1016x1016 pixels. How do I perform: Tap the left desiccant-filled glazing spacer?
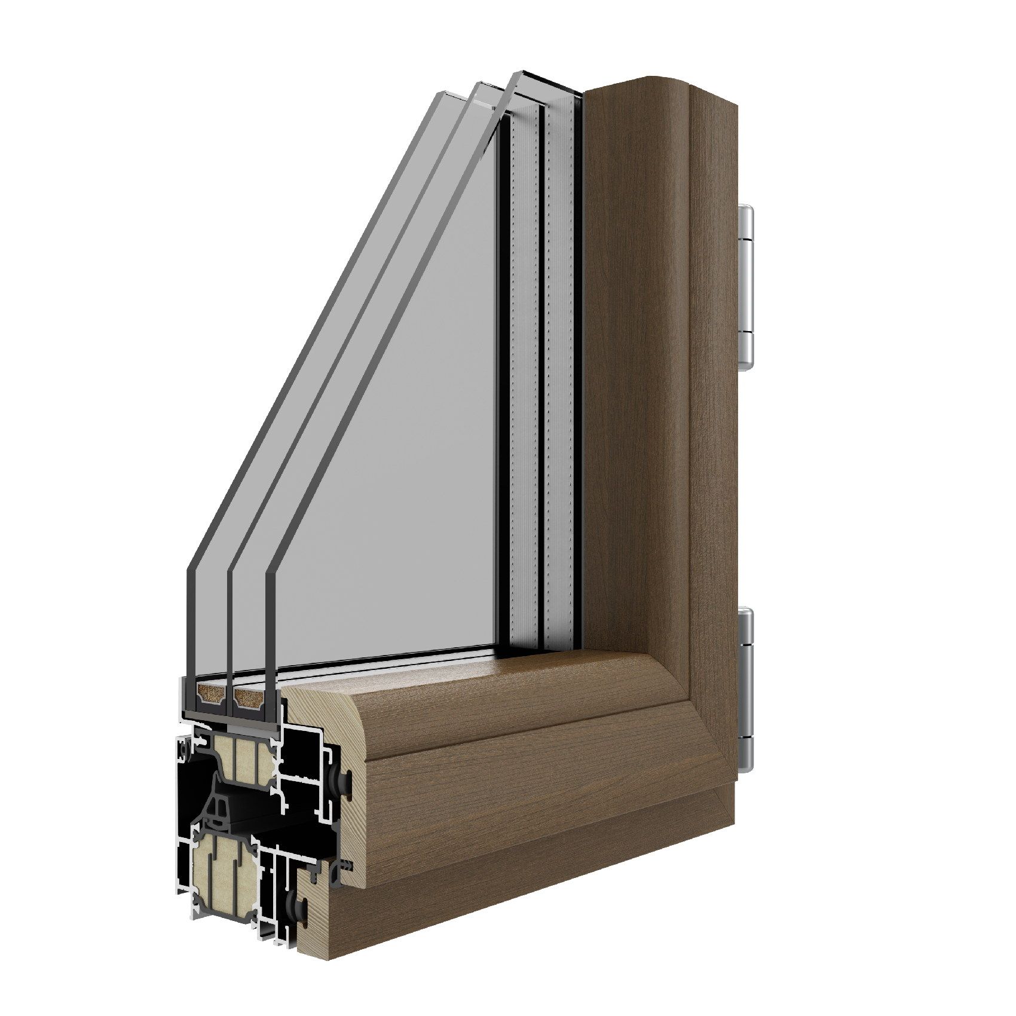210,694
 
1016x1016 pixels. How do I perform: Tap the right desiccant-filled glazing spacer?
250,694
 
